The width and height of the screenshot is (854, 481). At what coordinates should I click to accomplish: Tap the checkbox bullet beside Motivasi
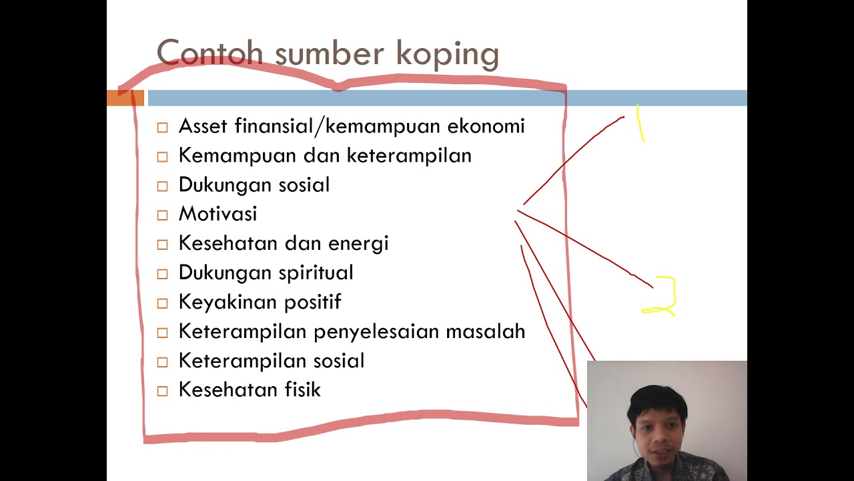click(163, 215)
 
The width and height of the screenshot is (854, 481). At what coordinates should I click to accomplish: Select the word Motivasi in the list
click(218, 214)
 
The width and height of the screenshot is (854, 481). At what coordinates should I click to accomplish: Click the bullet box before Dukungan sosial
click(163, 186)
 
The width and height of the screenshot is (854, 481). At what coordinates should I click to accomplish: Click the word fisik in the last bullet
click(302, 389)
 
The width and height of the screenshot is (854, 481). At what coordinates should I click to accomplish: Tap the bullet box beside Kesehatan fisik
click(163, 391)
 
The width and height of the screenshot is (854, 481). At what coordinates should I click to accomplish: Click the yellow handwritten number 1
click(640, 123)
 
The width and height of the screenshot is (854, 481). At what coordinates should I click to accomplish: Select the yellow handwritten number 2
click(662, 296)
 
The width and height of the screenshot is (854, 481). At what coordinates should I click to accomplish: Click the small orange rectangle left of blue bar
click(125, 98)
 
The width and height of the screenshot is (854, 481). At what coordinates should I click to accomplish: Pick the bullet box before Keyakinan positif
click(163, 303)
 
